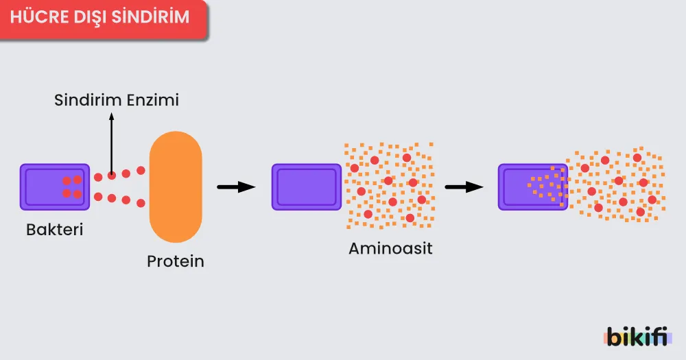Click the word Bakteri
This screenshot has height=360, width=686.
tap(55, 230)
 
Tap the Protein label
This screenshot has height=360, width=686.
tap(176, 261)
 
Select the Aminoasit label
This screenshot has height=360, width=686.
tap(390, 248)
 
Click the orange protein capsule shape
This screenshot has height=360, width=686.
tap(176, 187)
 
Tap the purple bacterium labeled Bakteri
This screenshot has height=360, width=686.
tap(55, 187)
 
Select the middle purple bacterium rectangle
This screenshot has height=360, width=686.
tap(306, 187)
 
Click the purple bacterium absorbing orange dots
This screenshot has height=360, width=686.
tap(533, 187)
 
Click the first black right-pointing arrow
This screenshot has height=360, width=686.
tap(236, 187)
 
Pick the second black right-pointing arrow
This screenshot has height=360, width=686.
tap(464, 187)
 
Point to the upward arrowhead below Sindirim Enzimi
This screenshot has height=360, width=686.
tap(112, 117)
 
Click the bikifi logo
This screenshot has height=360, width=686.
tap(637, 337)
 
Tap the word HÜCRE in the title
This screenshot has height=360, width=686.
tap(39, 17)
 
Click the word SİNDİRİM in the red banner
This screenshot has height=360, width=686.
tap(150, 17)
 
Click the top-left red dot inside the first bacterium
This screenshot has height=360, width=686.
tap(67, 180)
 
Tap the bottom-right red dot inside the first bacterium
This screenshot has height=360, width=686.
tap(78, 194)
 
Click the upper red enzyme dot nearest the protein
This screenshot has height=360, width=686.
tap(141, 170)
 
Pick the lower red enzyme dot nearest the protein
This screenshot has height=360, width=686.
tap(141, 203)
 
